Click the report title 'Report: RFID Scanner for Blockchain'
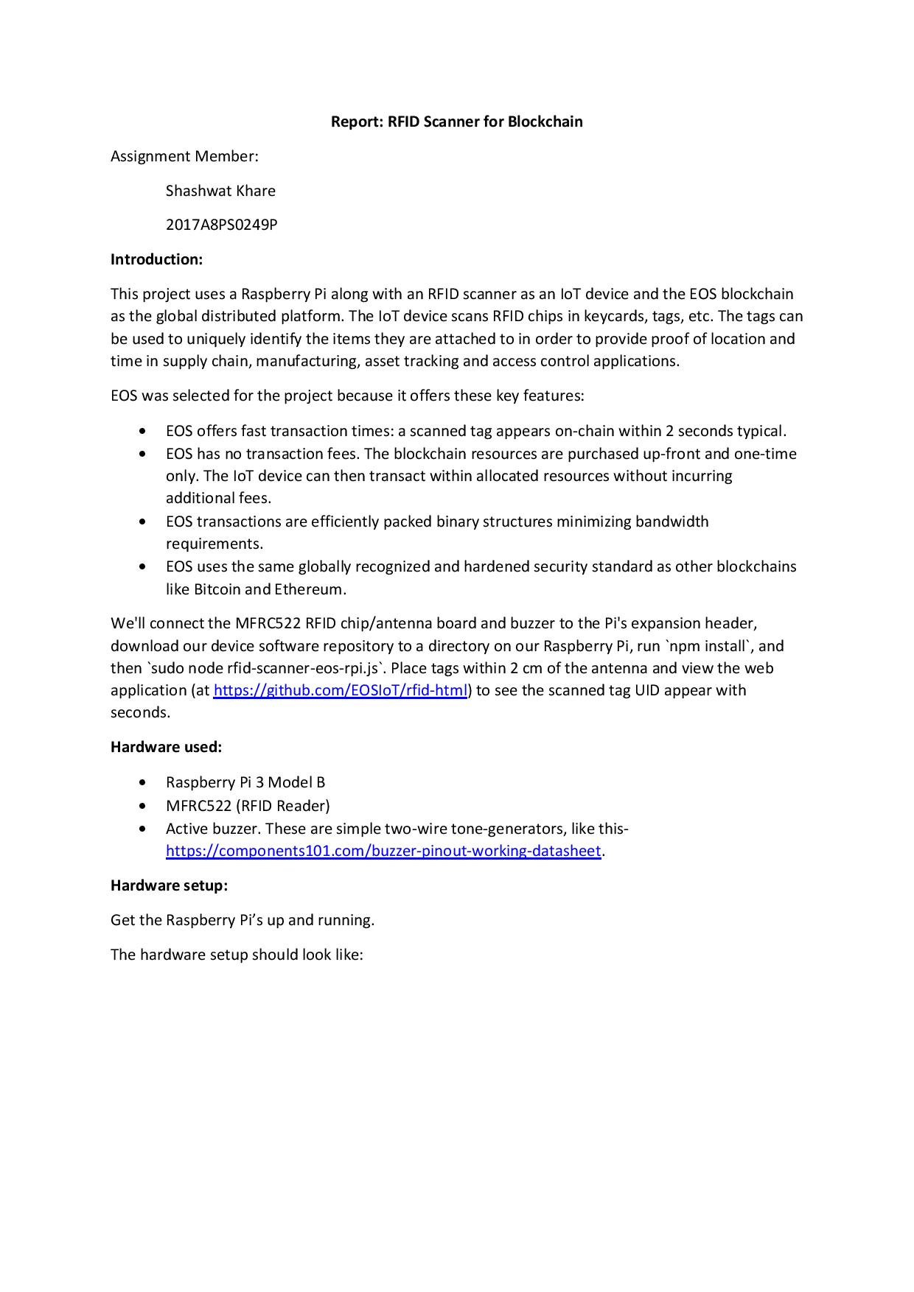click(456, 122)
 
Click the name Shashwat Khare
click(220, 191)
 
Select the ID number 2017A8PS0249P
click(221, 225)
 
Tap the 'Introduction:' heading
click(156, 259)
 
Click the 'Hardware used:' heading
click(166, 747)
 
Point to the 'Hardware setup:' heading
click(169, 885)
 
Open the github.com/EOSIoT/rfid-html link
click(341, 691)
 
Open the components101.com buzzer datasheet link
click(383, 852)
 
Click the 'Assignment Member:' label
click(184, 156)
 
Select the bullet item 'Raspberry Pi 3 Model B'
click(245, 782)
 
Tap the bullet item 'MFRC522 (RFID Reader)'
click(248, 806)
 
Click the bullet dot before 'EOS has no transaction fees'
click(142, 454)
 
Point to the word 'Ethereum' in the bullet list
click(310, 589)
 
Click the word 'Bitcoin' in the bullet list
click(217, 589)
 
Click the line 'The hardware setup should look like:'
click(237, 955)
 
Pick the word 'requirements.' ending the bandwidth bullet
click(214, 544)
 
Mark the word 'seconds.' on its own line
click(140, 713)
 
